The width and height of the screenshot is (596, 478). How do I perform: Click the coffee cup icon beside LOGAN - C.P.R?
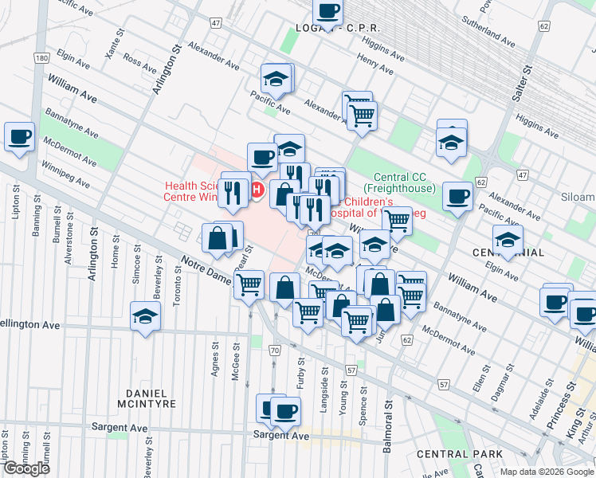tap(327, 12)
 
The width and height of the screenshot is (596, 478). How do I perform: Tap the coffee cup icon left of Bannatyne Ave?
tap(19, 135)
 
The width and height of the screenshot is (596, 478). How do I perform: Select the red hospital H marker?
tap(257, 190)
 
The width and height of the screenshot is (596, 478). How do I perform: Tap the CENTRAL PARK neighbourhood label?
tap(460, 454)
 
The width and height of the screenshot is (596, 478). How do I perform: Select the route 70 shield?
tap(275, 351)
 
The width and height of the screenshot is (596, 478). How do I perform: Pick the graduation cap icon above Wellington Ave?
tap(145, 319)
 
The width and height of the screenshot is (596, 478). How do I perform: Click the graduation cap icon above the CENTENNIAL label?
tap(507, 238)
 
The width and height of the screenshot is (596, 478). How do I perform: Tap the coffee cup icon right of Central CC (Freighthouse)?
tap(457, 196)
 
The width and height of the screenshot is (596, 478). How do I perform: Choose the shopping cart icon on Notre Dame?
tap(249, 284)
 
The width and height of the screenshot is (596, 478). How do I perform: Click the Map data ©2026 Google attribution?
tap(546, 472)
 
